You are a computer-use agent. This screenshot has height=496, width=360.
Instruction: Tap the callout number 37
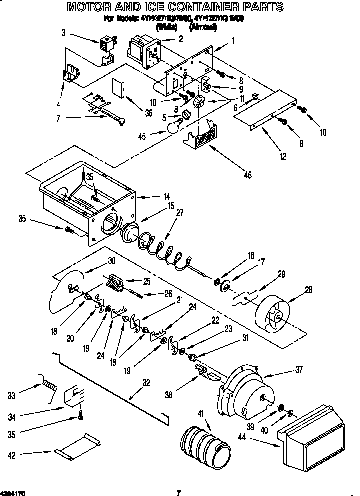298,370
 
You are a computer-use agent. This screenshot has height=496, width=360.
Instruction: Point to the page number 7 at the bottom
178,493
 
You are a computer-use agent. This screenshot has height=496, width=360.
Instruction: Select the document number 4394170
13,493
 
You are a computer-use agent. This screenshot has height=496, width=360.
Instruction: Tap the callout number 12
283,157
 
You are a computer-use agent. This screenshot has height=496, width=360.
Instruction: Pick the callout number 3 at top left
63,33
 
